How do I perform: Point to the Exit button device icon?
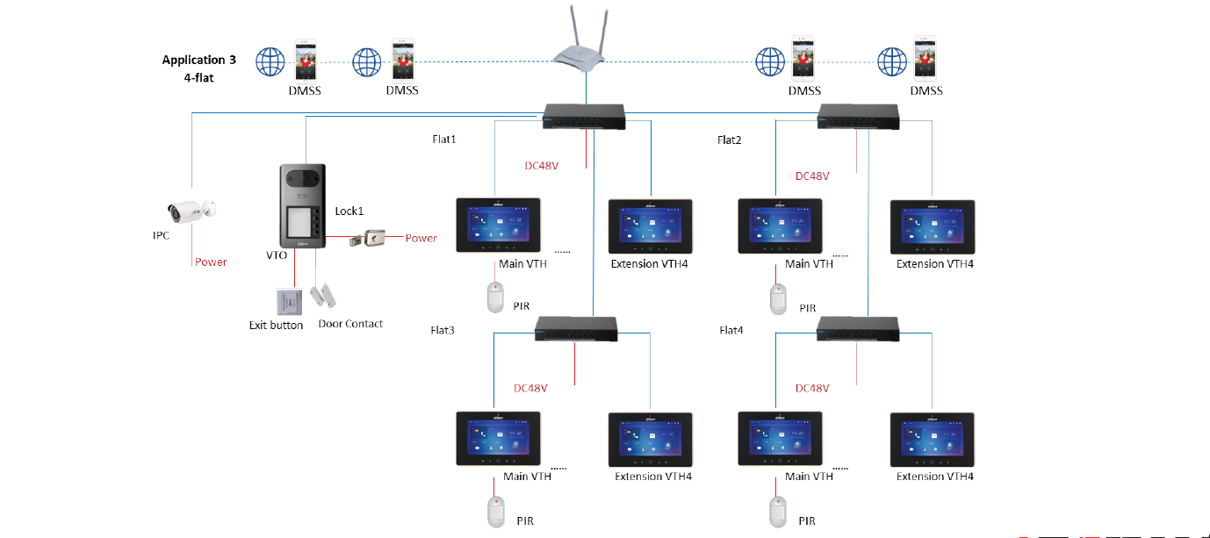[x=288, y=302]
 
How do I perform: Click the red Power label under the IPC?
[x=211, y=262]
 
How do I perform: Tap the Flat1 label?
[x=444, y=140]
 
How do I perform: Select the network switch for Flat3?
[x=577, y=329]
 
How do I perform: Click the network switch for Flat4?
[x=858, y=329]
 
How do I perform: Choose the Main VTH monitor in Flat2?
[x=780, y=226]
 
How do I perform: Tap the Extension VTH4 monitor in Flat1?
[x=650, y=226]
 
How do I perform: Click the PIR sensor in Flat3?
[x=496, y=509]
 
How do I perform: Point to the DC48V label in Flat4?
[x=812, y=388]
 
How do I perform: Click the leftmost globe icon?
[x=271, y=62]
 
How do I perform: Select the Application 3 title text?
[x=199, y=61]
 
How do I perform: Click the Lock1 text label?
[x=349, y=212]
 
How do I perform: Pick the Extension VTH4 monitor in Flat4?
[x=933, y=439]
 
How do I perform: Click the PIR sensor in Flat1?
[x=496, y=298]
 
